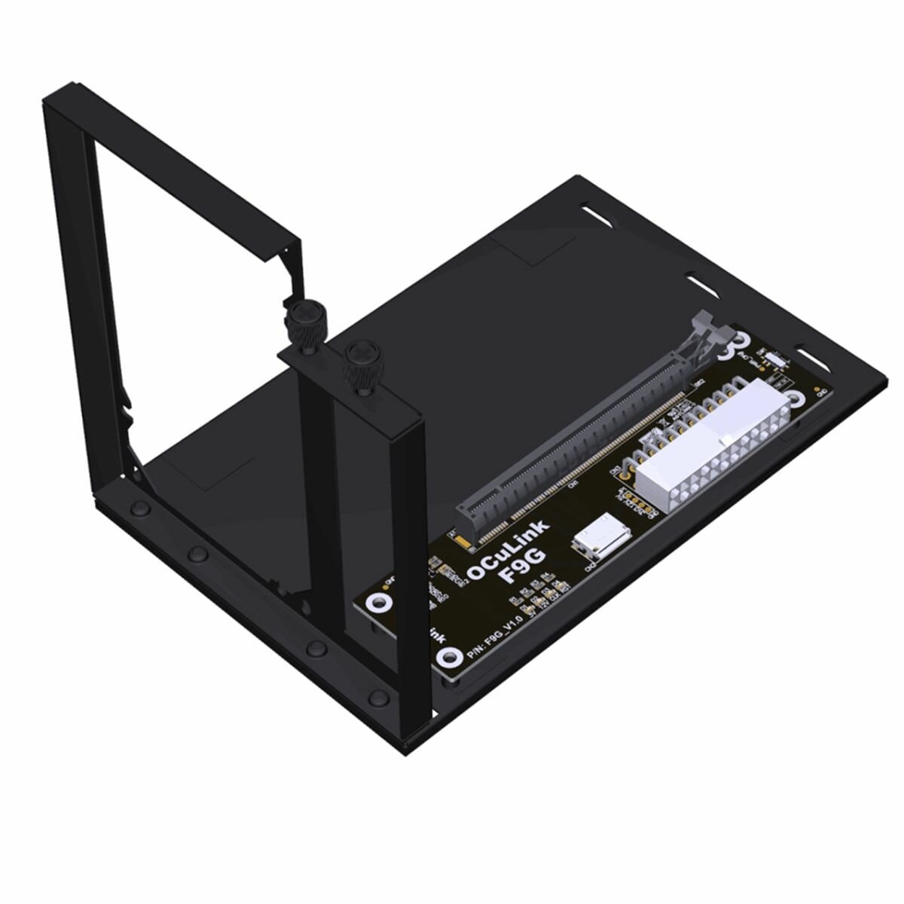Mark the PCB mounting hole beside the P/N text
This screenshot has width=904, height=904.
click(450, 658)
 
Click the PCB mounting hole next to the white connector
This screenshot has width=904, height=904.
click(796, 399)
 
